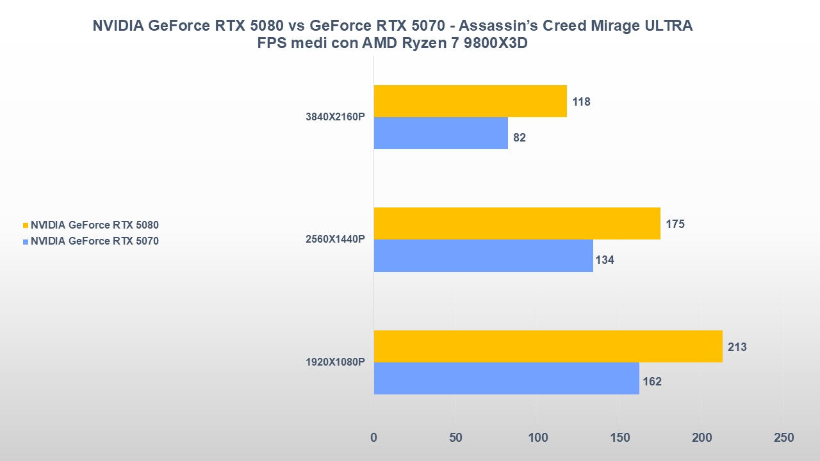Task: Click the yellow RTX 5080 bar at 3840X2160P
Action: pos(470,101)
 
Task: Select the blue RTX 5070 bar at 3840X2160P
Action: pos(441,133)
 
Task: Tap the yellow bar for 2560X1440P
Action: pos(517,223)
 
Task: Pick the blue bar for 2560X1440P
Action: pos(483,255)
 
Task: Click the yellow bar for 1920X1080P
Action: pos(548,346)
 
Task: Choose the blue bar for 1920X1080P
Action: pos(506,378)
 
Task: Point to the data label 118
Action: pos(582,102)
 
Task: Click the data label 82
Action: pos(520,138)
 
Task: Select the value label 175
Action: pos(675,224)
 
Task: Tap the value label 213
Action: pos(737,347)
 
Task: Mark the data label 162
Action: pos(652,382)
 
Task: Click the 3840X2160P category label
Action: pos(335,117)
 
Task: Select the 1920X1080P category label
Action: pos(335,362)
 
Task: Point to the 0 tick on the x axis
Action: pos(374,438)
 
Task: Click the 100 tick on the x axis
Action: pos(538,438)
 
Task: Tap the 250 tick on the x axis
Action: pos(783,438)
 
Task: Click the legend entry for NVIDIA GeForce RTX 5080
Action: pos(94,225)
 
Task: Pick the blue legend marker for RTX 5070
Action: pos(26,242)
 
